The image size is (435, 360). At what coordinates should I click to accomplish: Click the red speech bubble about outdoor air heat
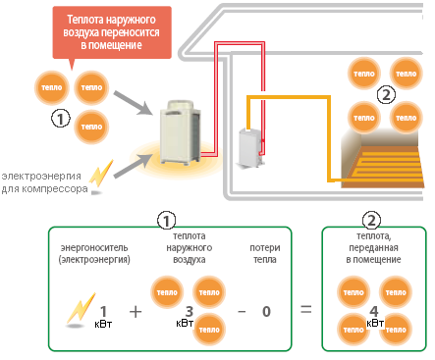point(112,32)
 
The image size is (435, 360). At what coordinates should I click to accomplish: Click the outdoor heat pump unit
point(180,132)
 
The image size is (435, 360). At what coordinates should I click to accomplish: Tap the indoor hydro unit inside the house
point(251,147)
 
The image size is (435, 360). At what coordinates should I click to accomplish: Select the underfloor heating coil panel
point(382,163)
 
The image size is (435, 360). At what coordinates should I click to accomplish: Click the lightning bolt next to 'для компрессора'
point(101,174)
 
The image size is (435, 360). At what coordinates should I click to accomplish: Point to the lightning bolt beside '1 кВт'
point(81,308)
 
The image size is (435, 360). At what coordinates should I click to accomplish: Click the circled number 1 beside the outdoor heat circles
point(61,119)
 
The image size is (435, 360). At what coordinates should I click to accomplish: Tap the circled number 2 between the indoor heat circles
point(386,95)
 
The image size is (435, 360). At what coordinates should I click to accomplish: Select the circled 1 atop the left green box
point(166,221)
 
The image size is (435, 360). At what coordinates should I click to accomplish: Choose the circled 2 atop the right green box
point(371,221)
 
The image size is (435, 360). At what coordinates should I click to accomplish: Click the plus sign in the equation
point(136,312)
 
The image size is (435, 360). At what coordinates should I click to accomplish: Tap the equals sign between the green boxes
point(306,309)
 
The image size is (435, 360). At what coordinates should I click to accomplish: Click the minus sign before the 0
point(242,312)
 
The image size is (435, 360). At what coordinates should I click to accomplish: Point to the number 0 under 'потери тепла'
point(266,312)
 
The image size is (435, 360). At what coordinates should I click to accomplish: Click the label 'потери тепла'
point(265,254)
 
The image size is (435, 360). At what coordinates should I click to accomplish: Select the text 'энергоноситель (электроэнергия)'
point(94,254)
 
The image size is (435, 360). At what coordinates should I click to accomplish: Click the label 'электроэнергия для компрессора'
point(44,182)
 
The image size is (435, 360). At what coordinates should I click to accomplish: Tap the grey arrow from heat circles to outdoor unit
point(134,103)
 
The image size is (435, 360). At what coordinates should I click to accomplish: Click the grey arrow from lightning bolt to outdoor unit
point(134,166)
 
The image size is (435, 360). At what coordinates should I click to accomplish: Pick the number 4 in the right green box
point(374,311)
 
